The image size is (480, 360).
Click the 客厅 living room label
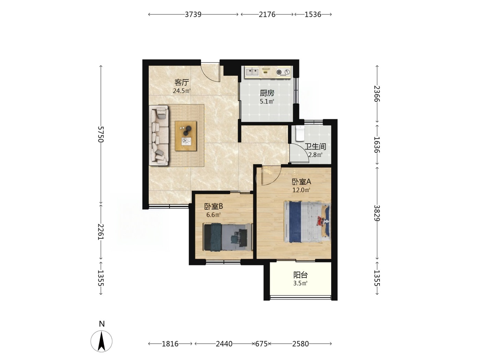181,82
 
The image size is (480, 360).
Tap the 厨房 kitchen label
267,93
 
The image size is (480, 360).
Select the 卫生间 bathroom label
315,146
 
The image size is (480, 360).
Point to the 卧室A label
301,182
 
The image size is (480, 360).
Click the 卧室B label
214,206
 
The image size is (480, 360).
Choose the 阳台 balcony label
300,275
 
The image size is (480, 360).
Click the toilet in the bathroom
300,133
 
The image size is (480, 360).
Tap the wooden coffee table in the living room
186,136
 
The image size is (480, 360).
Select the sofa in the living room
159,135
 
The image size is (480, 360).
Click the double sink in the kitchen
252,72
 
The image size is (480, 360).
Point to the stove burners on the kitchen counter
283,72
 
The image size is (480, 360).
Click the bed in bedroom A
307,222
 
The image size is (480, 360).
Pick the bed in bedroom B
228,237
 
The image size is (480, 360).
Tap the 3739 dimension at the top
193,14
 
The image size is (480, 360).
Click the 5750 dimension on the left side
100,134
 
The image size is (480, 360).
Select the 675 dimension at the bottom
261,344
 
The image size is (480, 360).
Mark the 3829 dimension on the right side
377,213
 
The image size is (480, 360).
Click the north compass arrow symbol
101,341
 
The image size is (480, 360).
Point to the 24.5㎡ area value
181,91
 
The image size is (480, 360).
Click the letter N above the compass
102,324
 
